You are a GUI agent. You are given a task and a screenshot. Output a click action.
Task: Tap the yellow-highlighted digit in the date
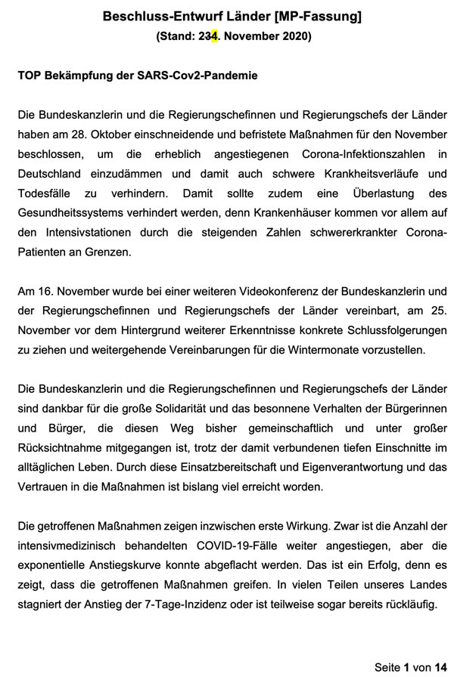(x=215, y=36)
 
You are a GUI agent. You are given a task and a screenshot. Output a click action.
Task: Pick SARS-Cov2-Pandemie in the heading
(x=200, y=76)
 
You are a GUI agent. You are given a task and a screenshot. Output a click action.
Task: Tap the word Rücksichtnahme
(x=68, y=447)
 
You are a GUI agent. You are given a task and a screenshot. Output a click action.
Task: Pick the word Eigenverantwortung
(x=331, y=467)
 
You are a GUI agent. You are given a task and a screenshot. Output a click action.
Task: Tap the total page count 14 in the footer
(x=441, y=666)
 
